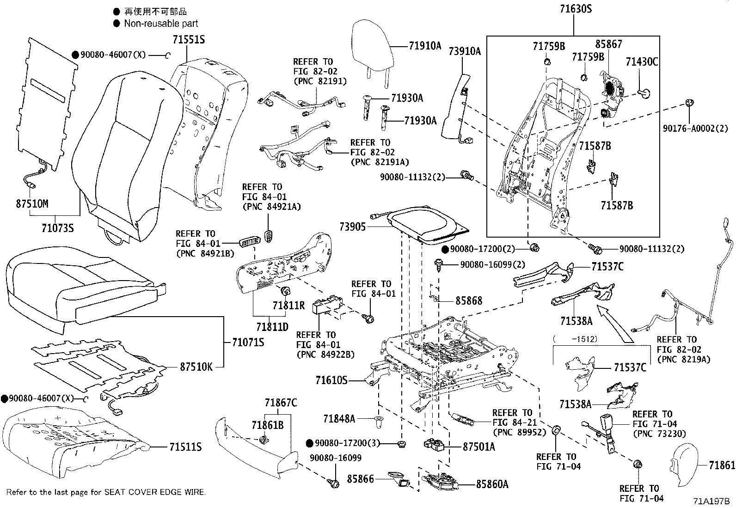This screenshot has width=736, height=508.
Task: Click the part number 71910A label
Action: [x=425, y=46]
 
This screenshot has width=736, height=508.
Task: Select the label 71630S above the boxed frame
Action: [x=573, y=9]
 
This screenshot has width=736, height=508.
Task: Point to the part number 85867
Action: [x=608, y=44]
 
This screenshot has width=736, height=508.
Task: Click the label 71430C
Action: [x=642, y=61]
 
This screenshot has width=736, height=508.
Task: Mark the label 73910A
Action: [x=465, y=51]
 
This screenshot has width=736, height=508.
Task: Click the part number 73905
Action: [x=352, y=226]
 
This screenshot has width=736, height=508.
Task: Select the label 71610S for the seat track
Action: [x=331, y=380]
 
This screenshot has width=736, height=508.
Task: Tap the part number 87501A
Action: [x=478, y=447]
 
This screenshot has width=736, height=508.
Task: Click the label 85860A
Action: [x=492, y=484]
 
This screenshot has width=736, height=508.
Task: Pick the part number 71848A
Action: [x=339, y=419]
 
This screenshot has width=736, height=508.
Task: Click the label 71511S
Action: [x=185, y=447]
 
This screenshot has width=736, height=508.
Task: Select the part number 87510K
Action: [x=196, y=367]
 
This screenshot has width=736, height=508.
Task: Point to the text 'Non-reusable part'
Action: [x=161, y=23]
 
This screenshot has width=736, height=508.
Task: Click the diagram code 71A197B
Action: [x=711, y=501]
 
